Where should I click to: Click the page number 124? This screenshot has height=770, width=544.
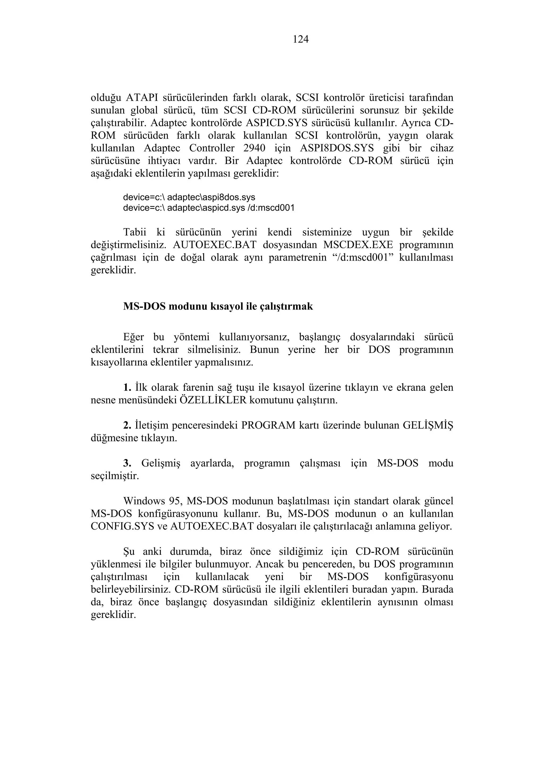[x=300, y=40]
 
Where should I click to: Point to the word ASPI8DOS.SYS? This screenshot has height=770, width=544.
[x=337, y=148]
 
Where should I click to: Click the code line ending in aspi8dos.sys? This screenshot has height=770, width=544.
[x=189, y=197]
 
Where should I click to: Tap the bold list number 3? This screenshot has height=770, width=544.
[x=127, y=463]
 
